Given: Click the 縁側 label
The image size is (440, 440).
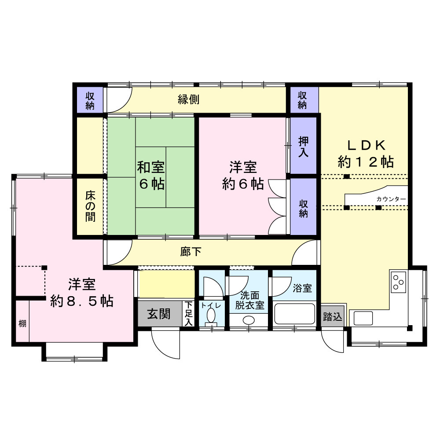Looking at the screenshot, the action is [x=189, y=99].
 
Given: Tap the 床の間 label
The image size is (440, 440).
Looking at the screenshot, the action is [x=90, y=206].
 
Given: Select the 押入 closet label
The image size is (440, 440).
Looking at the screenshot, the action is [x=303, y=147].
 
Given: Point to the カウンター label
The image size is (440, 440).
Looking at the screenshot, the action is [x=391, y=199].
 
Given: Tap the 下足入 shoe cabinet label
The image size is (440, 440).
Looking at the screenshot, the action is [x=189, y=313].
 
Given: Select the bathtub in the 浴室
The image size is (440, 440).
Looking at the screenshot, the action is [x=294, y=314].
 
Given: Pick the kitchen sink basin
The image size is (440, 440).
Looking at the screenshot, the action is [x=363, y=319].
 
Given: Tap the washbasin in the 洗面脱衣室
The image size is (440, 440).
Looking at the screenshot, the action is [x=249, y=320].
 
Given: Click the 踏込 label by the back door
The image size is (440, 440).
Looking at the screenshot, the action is [x=333, y=317].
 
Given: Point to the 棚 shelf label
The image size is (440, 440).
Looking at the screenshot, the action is [x=22, y=323].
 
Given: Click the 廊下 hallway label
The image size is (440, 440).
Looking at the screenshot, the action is [x=191, y=252].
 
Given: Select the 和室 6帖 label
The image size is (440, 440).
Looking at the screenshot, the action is [x=151, y=176].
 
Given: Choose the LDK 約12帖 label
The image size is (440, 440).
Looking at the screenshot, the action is [x=366, y=154].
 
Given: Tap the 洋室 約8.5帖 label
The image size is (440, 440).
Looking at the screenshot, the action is [x=82, y=293].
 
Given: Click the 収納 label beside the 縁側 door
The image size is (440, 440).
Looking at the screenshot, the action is [x=90, y=101].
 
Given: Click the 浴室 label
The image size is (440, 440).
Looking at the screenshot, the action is [x=302, y=288].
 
